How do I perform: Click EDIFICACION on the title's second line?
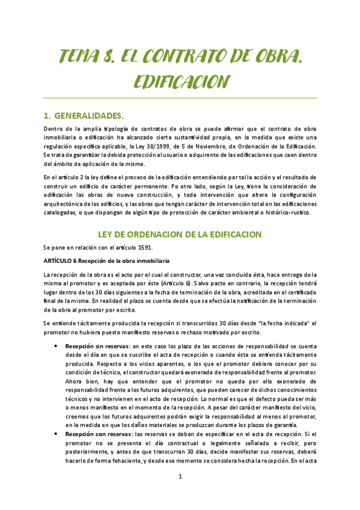(180, 81)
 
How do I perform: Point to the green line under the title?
(180, 98)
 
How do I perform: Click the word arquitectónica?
(67, 203)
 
